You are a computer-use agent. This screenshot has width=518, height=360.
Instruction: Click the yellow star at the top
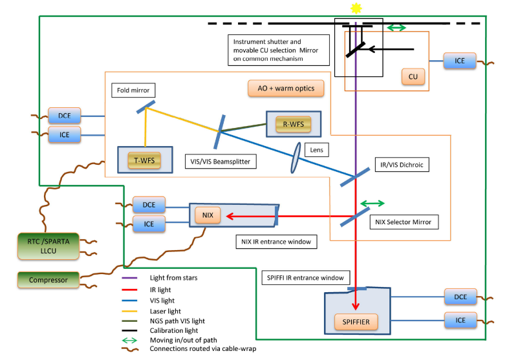(x=355, y=8)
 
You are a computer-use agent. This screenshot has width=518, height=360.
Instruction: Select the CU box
(x=413, y=77)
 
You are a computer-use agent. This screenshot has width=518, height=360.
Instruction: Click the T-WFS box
(x=145, y=160)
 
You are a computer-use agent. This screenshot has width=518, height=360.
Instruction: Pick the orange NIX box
(x=208, y=215)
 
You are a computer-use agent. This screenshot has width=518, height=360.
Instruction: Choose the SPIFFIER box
(x=356, y=320)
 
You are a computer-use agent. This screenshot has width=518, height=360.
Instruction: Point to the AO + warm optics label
(x=285, y=88)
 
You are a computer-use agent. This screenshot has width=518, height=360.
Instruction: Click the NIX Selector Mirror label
(x=402, y=222)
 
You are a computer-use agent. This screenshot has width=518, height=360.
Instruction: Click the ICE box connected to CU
(x=459, y=61)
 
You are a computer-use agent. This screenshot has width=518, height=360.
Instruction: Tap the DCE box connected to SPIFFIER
(x=460, y=297)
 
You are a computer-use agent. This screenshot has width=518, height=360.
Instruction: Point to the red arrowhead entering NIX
(x=228, y=215)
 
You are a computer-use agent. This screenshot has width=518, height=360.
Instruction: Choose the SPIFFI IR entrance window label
(x=305, y=278)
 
